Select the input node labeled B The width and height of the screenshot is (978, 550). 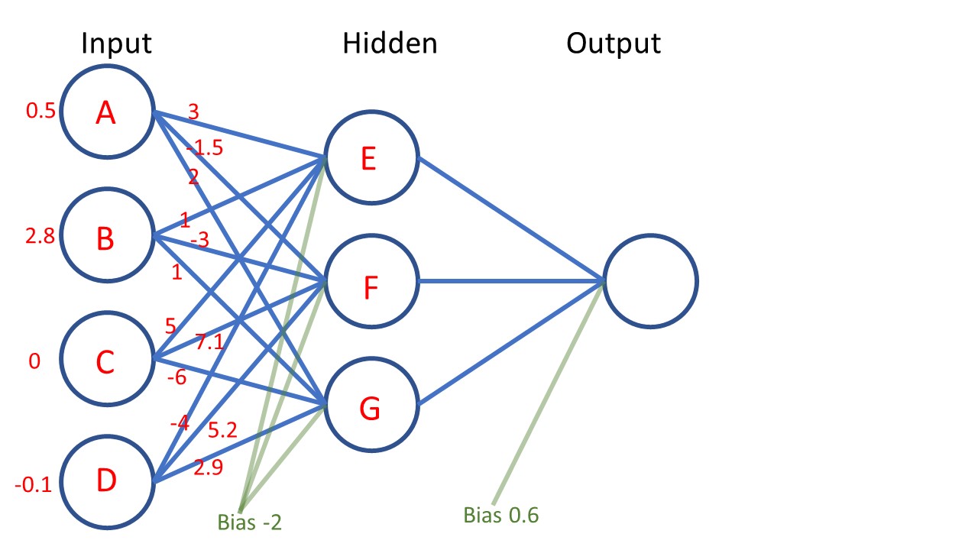click(106, 237)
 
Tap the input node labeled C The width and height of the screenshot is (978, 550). click(106, 361)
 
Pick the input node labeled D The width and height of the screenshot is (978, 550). click(106, 481)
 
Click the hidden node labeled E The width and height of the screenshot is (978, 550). click(370, 159)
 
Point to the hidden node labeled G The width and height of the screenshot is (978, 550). click(370, 408)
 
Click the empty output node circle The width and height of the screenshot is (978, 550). click(650, 281)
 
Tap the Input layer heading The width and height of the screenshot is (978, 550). click(117, 43)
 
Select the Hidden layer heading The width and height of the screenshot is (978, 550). click(390, 43)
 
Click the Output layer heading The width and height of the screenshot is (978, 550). click(614, 44)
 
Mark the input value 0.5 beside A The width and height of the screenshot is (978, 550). click(40, 112)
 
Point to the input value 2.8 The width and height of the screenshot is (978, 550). click(40, 237)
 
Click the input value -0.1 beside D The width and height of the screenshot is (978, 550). click(34, 484)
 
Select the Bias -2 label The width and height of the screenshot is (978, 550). click(250, 523)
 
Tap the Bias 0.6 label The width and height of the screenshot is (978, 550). click(501, 516)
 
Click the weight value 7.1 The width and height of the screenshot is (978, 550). click(209, 343)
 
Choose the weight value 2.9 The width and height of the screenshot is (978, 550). click(208, 467)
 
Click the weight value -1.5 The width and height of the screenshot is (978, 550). click(205, 148)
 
